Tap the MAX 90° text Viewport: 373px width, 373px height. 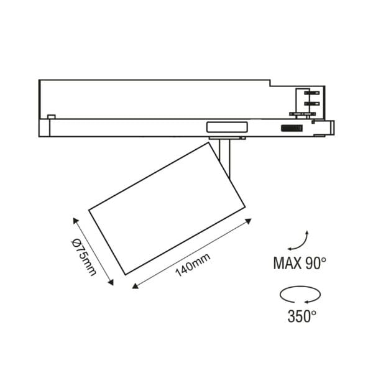point(300,263)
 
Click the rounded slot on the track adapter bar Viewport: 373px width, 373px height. point(226,127)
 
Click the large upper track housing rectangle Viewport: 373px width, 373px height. point(155,98)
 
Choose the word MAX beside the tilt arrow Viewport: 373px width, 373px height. point(287,263)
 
